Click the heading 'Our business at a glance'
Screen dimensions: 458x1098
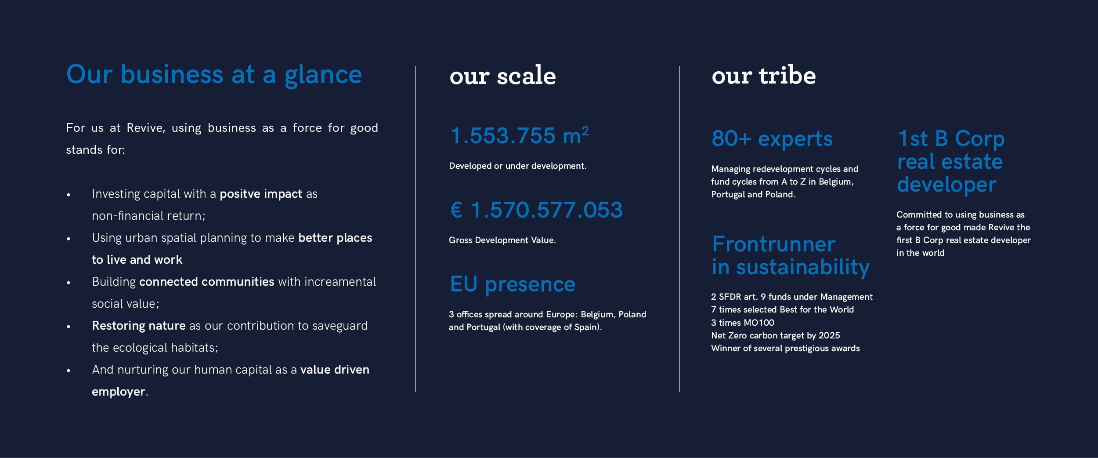pyautogui.click(x=214, y=75)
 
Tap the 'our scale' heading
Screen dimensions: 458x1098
pyautogui.click(x=502, y=76)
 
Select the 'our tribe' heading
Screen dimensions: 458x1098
pyautogui.click(x=763, y=76)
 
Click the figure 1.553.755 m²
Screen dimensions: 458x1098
pyautogui.click(x=519, y=135)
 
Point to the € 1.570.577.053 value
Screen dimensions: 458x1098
pyautogui.click(x=536, y=210)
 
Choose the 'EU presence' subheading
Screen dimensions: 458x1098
pyautogui.click(x=512, y=284)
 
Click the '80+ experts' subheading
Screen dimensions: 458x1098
pyautogui.click(x=772, y=139)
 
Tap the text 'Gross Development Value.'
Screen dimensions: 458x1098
pyautogui.click(x=502, y=240)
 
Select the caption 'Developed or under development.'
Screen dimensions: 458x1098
pyautogui.click(x=517, y=166)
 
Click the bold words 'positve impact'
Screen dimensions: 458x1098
pyautogui.click(x=260, y=194)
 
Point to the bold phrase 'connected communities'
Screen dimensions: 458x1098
pyautogui.click(x=206, y=282)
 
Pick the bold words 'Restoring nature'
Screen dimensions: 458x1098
pyautogui.click(x=138, y=326)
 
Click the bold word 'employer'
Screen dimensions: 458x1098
pyautogui.click(x=118, y=392)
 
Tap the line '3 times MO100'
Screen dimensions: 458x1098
pyautogui.click(x=742, y=323)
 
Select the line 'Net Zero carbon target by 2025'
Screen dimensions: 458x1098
pyautogui.click(x=775, y=335)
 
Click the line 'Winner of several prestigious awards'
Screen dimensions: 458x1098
pyautogui.click(x=785, y=348)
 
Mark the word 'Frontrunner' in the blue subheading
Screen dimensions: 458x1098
pyautogui.click(x=773, y=244)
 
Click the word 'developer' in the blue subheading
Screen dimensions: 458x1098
pyautogui.click(x=946, y=185)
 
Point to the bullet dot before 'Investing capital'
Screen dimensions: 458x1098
pyautogui.click(x=69, y=195)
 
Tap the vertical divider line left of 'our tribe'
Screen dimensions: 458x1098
pyautogui.click(x=679, y=229)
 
